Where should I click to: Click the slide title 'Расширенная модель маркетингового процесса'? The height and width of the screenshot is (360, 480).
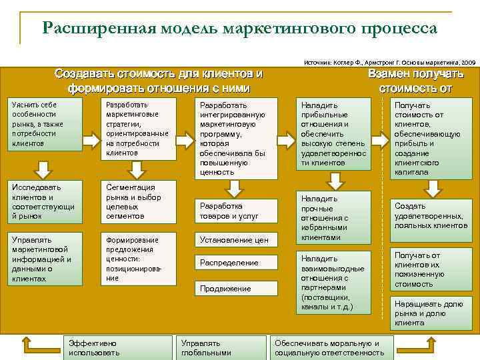pyautogui.click(x=239, y=28)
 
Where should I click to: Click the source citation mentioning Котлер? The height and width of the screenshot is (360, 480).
pyautogui.click(x=390, y=61)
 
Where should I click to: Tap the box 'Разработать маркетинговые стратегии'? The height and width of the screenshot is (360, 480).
pyautogui.click(x=137, y=129)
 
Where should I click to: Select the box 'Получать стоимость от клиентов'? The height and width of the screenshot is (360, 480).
pyautogui.click(x=431, y=138)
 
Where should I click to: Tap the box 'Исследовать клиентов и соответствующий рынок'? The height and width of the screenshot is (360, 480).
pyautogui.click(x=44, y=201)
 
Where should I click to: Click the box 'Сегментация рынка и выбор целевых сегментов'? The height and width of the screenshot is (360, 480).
pyautogui.click(x=137, y=201)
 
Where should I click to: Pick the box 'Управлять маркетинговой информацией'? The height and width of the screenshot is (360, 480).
pyautogui.click(x=44, y=259)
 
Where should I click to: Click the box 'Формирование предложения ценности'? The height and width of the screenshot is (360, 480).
pyautogui.click(x=137, y=259)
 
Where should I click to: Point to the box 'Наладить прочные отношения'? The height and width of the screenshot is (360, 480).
pyautogui.click(x=334, y=217)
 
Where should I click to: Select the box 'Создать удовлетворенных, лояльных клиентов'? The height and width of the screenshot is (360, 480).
pyautogui.click(x=431, y=211)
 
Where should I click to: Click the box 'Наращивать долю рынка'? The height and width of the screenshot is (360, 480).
pyautogui.click(x=431, y=313)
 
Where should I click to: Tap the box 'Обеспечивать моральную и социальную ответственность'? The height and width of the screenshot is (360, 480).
pyautogui.click(x=331, y=347)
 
